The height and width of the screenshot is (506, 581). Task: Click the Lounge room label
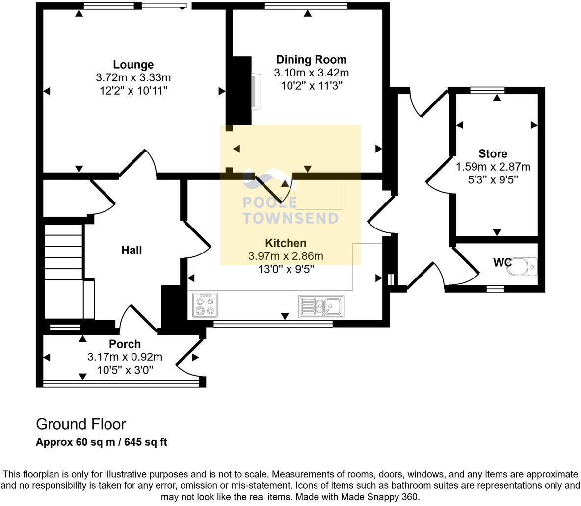coord(133,65)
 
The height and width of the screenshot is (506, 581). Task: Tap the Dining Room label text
coord(311,60)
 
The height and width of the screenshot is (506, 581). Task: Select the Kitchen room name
coord(286,243)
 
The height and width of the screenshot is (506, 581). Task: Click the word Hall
coord(132,250)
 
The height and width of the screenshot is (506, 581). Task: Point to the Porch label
coord(125,344)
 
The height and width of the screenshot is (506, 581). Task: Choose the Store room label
coord(493,153)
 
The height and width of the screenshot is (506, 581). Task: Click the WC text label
coord(502,263)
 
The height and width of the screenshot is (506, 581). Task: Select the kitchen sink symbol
coord(321,306)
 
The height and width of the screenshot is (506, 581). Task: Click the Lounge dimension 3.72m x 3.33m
coord(133,77)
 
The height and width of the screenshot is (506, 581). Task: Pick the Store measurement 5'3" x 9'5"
coord(493,179)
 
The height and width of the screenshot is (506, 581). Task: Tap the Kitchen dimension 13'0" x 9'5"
coord(286,269)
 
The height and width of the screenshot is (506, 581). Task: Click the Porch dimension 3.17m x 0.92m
coord(125,357)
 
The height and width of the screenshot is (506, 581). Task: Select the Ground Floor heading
coord(81,424)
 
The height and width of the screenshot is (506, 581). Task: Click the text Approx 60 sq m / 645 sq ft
coord(102,442)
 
